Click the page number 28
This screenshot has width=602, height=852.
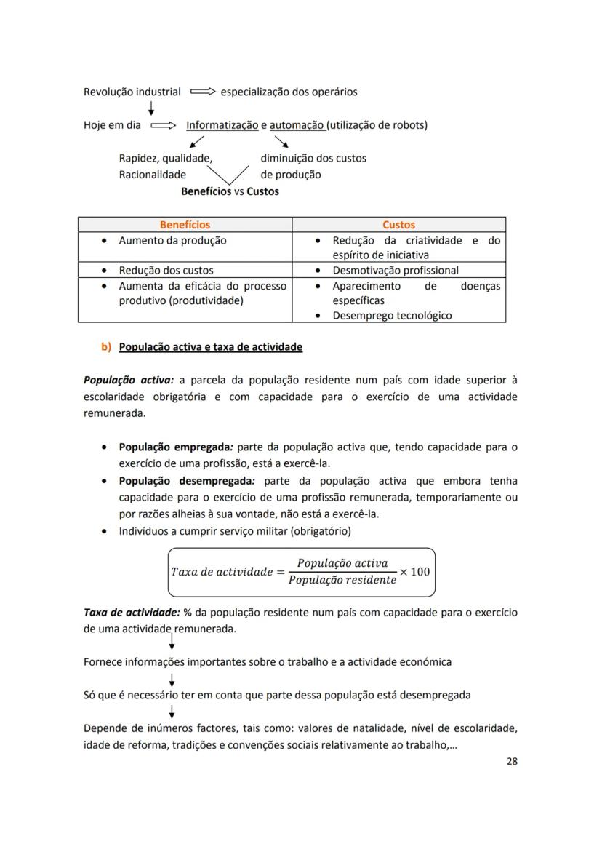pos(512,762)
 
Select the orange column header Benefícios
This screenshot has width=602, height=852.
pos(185,225)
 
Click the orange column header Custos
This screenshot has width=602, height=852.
pos(398,225)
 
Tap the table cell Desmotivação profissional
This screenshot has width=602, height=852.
pos(396,270)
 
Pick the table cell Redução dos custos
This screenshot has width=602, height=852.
pos(166,270)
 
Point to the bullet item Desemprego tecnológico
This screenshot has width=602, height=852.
pos(392,315)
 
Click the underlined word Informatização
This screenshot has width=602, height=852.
pos(222,125)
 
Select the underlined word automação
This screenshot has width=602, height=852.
pos(297,125)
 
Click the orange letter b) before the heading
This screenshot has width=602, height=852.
pos(106,347)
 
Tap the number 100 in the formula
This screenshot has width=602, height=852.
pos(420,571)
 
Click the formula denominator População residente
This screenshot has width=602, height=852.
pos(342,580)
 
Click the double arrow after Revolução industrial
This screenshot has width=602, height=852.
pos(203,92)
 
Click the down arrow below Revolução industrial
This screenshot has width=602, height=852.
pos(150,108)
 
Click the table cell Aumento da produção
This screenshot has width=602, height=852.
pos(172,240)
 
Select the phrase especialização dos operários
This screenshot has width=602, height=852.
pos(289,92)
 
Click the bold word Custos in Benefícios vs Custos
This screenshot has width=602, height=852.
pos(262,191)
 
